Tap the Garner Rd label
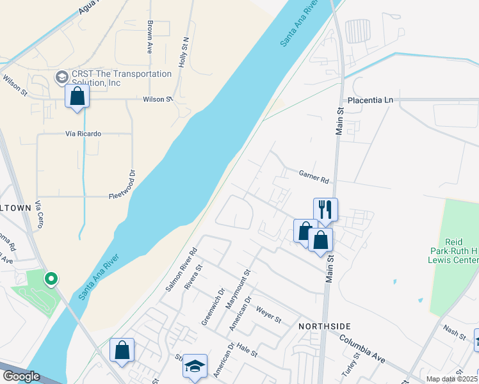[x=313, y=173]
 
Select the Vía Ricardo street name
[x=83, y=134]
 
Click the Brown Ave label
[x=150, y=36]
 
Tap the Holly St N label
[x=184, y=52]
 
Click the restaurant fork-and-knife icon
[x=325, y=209]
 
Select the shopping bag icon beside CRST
[x=77, y=97]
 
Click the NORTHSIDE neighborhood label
[x=322, y=326]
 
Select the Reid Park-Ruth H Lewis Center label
[x=453, y=251]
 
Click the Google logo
[x=20, y=376]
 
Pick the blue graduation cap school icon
[x=195, y=366]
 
